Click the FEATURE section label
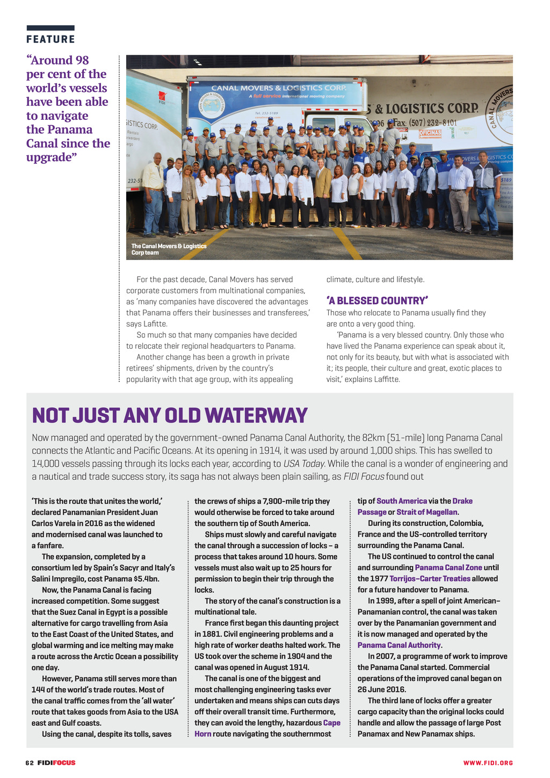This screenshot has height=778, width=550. click(x=50, y=39)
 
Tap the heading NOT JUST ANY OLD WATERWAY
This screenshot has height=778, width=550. click(x=170, y=415)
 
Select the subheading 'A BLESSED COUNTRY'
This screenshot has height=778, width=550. click(x=377, y=301)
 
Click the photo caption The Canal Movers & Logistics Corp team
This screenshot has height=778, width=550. click(x=169, y=249)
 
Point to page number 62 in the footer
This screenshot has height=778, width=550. click(x=30, y=763)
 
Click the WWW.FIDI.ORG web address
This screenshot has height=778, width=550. click(x=488, y=763)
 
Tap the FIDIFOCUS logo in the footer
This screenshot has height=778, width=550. click(x=56, y=763)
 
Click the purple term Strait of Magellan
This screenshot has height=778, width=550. click(x=427, y=512)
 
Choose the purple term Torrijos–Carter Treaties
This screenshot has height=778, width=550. click(x=430, y=579)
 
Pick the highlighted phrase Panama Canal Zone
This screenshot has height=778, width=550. click(x=448, y=567)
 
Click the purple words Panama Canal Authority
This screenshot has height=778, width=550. click(x=399, y=645)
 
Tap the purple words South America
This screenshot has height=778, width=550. click(x=402, y=501)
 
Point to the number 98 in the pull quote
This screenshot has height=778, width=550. click(x=81, y=60)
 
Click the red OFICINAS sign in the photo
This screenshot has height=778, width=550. click(x=430, y=133)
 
